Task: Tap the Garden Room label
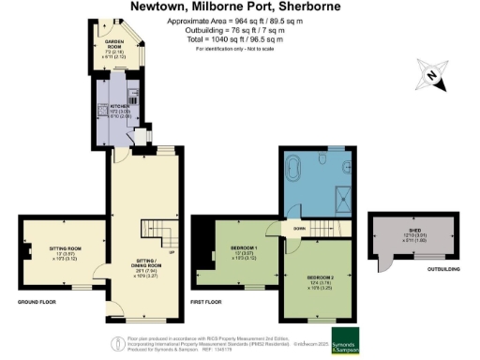(114, 46)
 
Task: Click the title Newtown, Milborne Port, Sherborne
(240, 7)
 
